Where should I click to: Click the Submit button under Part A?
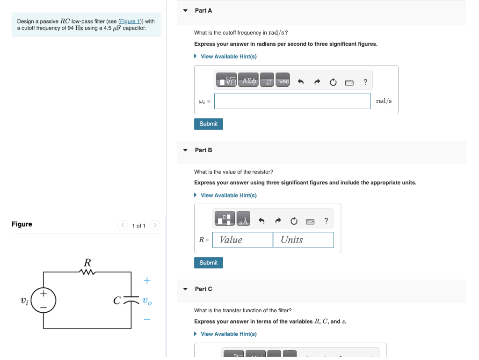coord(208,124)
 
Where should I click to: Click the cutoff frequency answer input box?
coord(292,101)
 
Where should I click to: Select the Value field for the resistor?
coord(242,240)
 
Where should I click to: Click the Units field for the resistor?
coord(303,240)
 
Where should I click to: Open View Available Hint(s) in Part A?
coord(228,57)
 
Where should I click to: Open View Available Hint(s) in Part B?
coord(228,195)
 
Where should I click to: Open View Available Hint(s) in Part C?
coord(228,334)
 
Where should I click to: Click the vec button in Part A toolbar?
coord(283,81)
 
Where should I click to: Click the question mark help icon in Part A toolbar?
coord(365,82)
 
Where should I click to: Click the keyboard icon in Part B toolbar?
coord(310,221)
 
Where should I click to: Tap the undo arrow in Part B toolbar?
coord(261,221)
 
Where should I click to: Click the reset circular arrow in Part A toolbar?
coord(333,82)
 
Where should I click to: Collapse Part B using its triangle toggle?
coord(185,150)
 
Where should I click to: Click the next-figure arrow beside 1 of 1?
coord(155,226)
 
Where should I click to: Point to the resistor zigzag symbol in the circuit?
coord(87,272)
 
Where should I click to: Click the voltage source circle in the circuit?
coord(44,300)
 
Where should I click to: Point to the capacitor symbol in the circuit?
coord(132,300)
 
